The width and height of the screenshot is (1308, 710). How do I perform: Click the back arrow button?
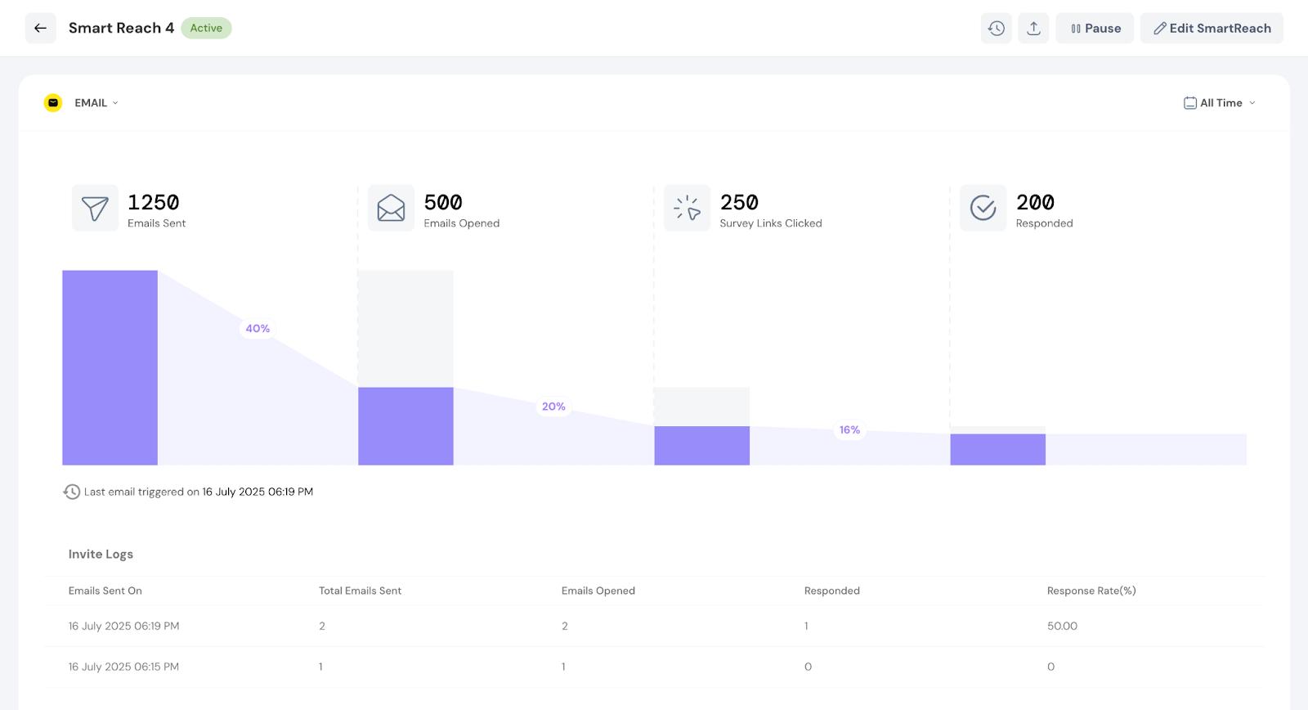point(40,28)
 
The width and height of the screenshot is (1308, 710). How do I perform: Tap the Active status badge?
point(206,28)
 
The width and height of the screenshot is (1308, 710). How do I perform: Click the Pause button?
point(1095,28)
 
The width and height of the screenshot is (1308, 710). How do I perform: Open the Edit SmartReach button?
point(1212,28)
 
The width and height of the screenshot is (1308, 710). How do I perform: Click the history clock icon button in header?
point(996,28)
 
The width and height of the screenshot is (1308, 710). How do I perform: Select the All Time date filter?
point(1220,103)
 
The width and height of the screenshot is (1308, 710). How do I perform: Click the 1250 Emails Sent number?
point(153,202)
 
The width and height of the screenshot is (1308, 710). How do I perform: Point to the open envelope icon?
point(391,208)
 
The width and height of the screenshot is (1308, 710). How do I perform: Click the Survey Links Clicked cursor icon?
point(687,208)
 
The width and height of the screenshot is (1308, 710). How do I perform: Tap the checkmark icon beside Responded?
point(983,208)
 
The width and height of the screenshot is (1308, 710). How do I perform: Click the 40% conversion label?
point(258,329)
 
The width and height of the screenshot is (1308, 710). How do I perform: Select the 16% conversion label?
point(849,430)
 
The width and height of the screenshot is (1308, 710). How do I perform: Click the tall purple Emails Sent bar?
point(110,367)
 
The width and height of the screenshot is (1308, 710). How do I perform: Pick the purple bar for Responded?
point(997,450)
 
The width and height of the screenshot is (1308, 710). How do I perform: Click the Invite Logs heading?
point(101,554)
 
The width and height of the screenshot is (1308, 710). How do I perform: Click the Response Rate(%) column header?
point(1091,591)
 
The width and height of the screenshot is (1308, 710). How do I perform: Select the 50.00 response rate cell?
point(1062,626)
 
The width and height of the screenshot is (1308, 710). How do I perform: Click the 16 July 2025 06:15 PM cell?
point(123,667)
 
